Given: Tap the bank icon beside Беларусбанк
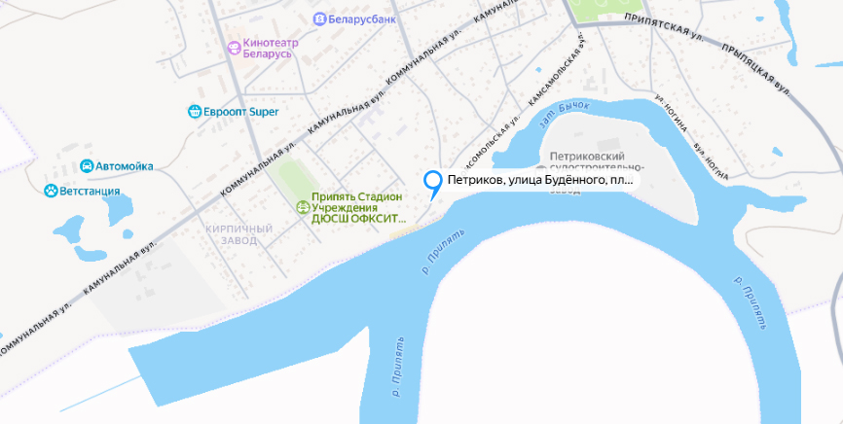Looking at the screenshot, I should pyautogui.click(x=320, y=19).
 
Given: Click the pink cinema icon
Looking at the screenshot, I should pyautogui.click(x=233, y=48).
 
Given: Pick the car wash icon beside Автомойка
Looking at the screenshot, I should pyautogui.click(x=87, y=166).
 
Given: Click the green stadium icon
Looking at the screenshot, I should pyautogui.click(x=302, y=206).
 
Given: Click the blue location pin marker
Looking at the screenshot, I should pyautogui.click(x=432, y=182).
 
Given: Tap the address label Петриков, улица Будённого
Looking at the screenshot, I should pyautogui.click(x=539, y=180).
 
